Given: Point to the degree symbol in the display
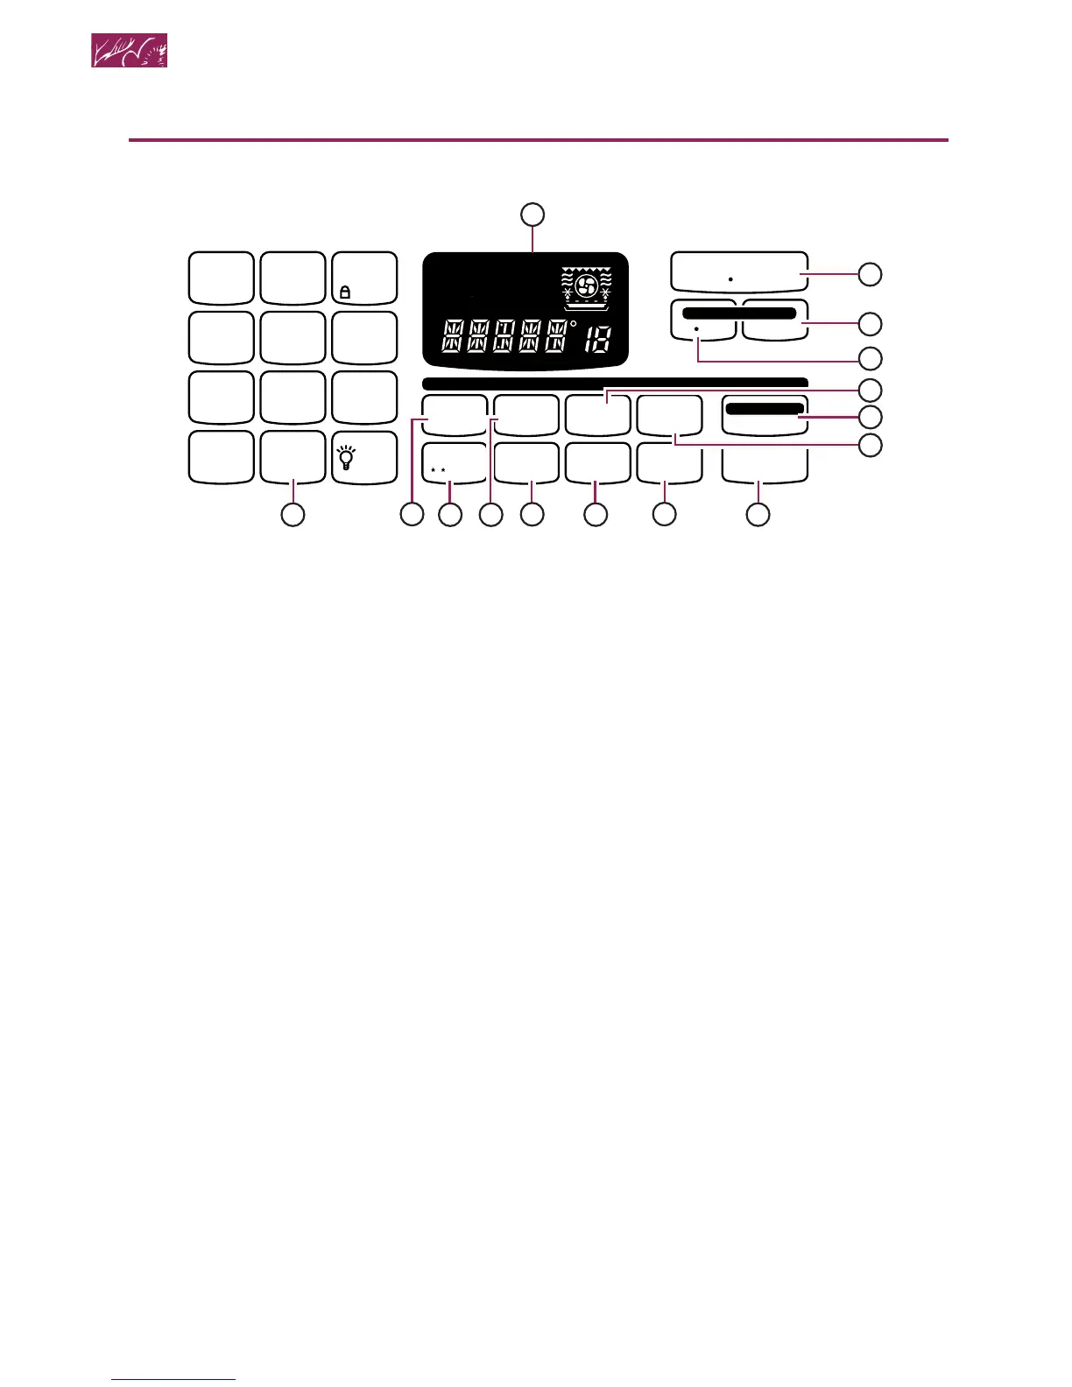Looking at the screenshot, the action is point(574,324).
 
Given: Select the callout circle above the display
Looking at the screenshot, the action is point(532,214).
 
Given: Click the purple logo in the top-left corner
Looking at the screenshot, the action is point(130,51).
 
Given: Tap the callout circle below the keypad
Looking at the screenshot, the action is point(293,515).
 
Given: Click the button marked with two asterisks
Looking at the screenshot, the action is point(455,463).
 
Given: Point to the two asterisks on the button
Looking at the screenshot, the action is point(439,471).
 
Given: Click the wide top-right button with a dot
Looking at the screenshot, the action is point(739,271).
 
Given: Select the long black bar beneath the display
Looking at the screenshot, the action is point(614,383).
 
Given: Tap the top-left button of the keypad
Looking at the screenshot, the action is point(222,278).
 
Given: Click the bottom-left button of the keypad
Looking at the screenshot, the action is point(222,456).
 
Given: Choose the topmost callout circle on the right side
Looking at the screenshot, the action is point(869,274).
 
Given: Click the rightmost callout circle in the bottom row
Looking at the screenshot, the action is point(758,515).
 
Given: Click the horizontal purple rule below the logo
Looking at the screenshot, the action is point(538,139).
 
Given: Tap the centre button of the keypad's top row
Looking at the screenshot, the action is point(293,278).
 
